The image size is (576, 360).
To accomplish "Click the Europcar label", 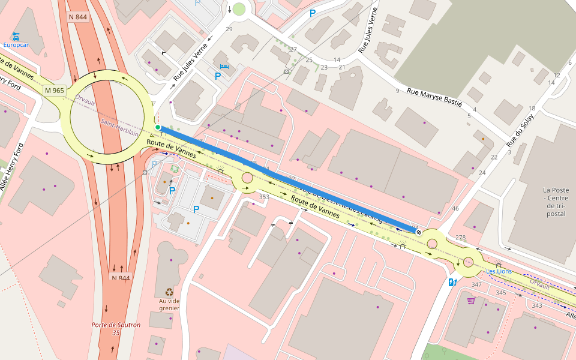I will click(16, 44).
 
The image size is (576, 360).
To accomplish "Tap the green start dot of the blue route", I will click(158, 127).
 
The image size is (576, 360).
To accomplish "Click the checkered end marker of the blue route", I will click(418, 232).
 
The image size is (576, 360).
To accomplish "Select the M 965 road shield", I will click(54, 91).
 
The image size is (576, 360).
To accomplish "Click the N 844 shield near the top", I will click(79, 17).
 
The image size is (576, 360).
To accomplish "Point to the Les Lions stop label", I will click(499, 271).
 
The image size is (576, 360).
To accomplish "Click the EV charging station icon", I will click(452, 282).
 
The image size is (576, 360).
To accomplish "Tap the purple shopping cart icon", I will click(471, 300).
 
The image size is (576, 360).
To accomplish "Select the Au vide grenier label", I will click(169, 304).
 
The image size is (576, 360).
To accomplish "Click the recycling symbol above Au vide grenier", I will click(169, 292).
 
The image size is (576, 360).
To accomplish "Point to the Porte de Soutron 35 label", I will click(116, 328).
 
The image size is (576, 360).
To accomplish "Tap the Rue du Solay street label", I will click(520, 130).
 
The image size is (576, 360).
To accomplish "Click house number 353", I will click(264, 197).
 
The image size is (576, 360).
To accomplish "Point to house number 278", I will click(460, 238).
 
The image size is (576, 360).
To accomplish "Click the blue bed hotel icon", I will click(224, 67).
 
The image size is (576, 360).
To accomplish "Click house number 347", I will click(476, 284).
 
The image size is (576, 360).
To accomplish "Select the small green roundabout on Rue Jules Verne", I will click(239, 9).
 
